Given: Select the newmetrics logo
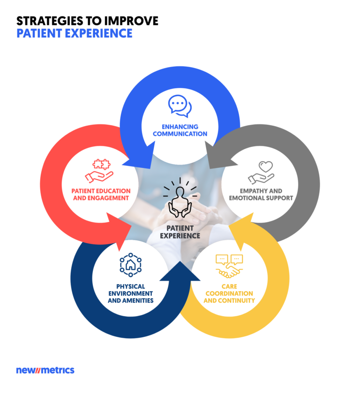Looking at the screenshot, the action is pyautogui.click(x=45, y=370).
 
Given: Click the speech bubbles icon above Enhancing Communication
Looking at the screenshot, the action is pyautogui.click(x=180, y=106).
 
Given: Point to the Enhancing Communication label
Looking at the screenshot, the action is pyautogui.click(x=180, y=130).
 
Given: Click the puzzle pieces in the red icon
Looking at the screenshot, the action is pyautogui.click(x=101, y=164).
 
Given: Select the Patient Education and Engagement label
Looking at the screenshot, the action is pyautogui.click(x=101, y=195).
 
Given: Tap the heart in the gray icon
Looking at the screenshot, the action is pyautogui.click(x=266, y=166).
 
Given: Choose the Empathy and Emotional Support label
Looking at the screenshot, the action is pyautogui.click(x=261, y=195).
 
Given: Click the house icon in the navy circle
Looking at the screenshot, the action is pyautogui.click(x=130, y=265).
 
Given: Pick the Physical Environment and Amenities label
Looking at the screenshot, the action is pyautogui.click(x=130, y=294).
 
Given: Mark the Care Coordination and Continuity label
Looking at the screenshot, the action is pyautogui.click(x=229, y=294).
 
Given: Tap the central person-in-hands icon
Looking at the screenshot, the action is pyautogui.click(x=180, y=198).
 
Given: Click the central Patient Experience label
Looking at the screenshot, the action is pyautogui.click(x=180, y=232).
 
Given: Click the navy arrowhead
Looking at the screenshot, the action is pyautogui.click(x=180, y=272).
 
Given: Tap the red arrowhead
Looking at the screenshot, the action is pyautogui.click(x=119, y=231).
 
